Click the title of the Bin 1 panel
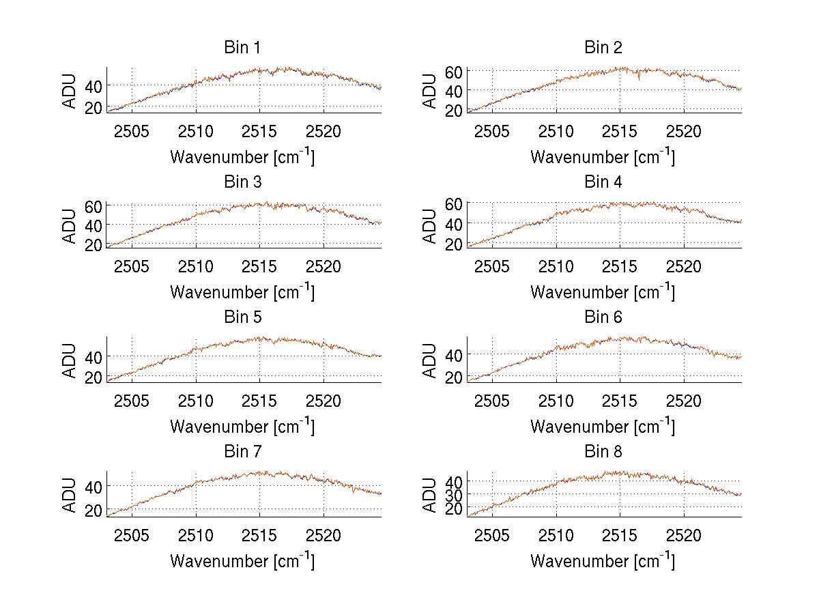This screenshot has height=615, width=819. pos(242,48)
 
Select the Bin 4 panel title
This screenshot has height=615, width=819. pos(603,182)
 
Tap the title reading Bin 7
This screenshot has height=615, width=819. pos(242,452)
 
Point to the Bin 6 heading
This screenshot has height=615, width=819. pos(603,317)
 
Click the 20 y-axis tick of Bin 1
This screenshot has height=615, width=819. pos(94,107)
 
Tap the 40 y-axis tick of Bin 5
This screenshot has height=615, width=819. pos(94,356)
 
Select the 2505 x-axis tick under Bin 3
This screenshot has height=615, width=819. pos(132,266)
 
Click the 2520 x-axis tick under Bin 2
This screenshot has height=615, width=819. pos(684,131)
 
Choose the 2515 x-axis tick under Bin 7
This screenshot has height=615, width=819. pos(260,535)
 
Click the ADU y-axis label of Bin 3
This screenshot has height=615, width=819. pos(70,226)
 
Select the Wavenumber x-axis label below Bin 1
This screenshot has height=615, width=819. pos(242,156)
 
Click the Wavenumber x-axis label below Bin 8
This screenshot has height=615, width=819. pos(603,560)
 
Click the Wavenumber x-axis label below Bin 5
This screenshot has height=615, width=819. pos(242,426)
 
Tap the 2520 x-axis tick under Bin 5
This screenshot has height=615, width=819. pos(324,401)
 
